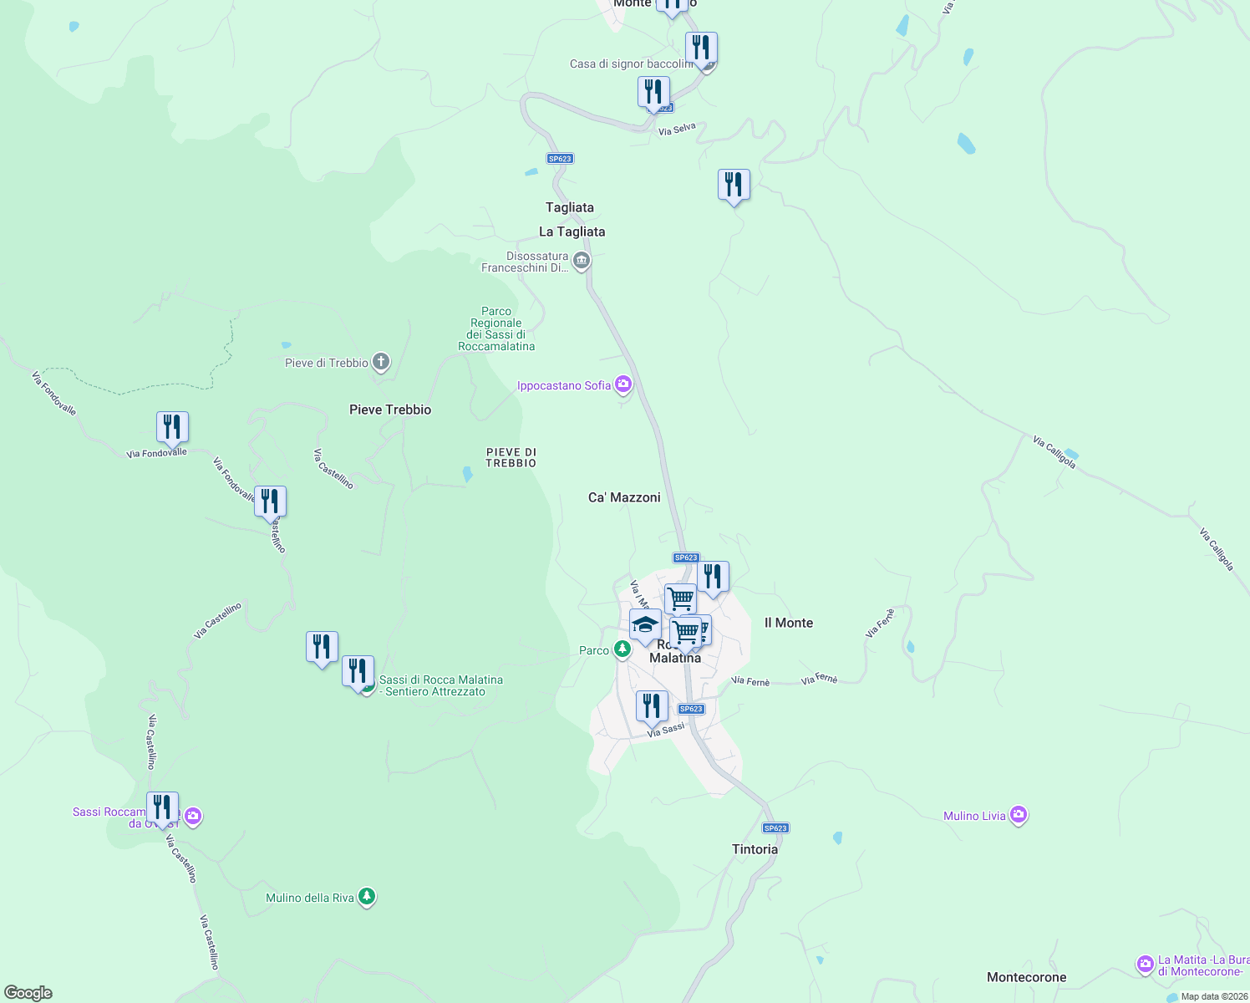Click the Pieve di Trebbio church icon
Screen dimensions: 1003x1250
tap(381, 363)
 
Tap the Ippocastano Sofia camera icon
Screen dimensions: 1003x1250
tap(622, 384)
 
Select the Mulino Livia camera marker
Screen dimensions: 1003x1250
tap(1018, 816)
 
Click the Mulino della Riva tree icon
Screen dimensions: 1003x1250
tap(366, 898)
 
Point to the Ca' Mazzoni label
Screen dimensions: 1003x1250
tap(624, 497)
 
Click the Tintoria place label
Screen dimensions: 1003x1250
tap(755, 849)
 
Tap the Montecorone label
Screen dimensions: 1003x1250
tap(1026, 977)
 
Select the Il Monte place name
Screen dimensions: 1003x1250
tap(788, 623)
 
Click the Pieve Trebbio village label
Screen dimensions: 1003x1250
tap(390, 410)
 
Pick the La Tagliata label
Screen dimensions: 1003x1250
tap(572, 232)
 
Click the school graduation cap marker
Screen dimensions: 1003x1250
tap(645, 624)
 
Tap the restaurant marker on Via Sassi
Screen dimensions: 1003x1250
tap(652, 706)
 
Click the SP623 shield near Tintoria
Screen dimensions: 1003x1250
tap(775, 828)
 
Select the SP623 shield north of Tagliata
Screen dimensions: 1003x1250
tap(560, 159)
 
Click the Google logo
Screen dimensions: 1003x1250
tap(28, 993)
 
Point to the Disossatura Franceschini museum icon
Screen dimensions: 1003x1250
tap(582, 262)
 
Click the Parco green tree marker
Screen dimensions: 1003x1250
tap(622, 649)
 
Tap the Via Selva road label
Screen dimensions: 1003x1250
tap(677, 130)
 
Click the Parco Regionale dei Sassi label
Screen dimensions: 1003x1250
tap(496, 328)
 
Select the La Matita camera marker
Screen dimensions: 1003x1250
tap(1145, 965)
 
